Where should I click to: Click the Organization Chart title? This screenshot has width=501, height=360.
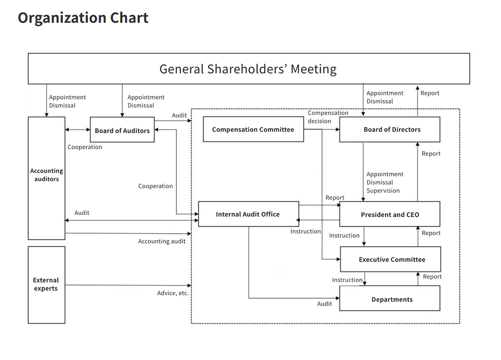coord(83,18)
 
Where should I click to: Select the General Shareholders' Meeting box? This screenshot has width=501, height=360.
coord(248,69)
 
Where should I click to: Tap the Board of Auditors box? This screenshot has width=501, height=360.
coord(122,130)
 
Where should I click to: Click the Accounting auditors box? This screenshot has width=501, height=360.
coord(47,178)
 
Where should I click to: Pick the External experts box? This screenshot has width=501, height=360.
coord(47,284)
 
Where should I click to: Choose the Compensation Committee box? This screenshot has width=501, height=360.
coord(253,130)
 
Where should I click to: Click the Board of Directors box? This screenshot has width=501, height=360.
coord(390,130)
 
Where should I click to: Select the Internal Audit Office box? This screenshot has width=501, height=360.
coord(248,214)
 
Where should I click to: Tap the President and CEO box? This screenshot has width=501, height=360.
coord(390,214)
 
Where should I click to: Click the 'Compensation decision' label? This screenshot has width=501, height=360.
coord(328,117)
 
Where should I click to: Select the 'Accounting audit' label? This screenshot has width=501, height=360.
coord(162,241)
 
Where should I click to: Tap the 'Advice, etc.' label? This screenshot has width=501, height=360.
coord(173,293)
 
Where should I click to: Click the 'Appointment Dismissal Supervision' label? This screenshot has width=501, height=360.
coord(385,182)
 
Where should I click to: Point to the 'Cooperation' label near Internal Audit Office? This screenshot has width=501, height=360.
coord(156,186)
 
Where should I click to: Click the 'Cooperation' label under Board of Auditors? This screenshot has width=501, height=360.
coord(85,147)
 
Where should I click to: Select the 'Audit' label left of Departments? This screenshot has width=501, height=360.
coord(325,304)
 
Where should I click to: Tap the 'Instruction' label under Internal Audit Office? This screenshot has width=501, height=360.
coord(305,231)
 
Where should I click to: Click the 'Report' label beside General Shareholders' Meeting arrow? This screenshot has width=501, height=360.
coord(430,93)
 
